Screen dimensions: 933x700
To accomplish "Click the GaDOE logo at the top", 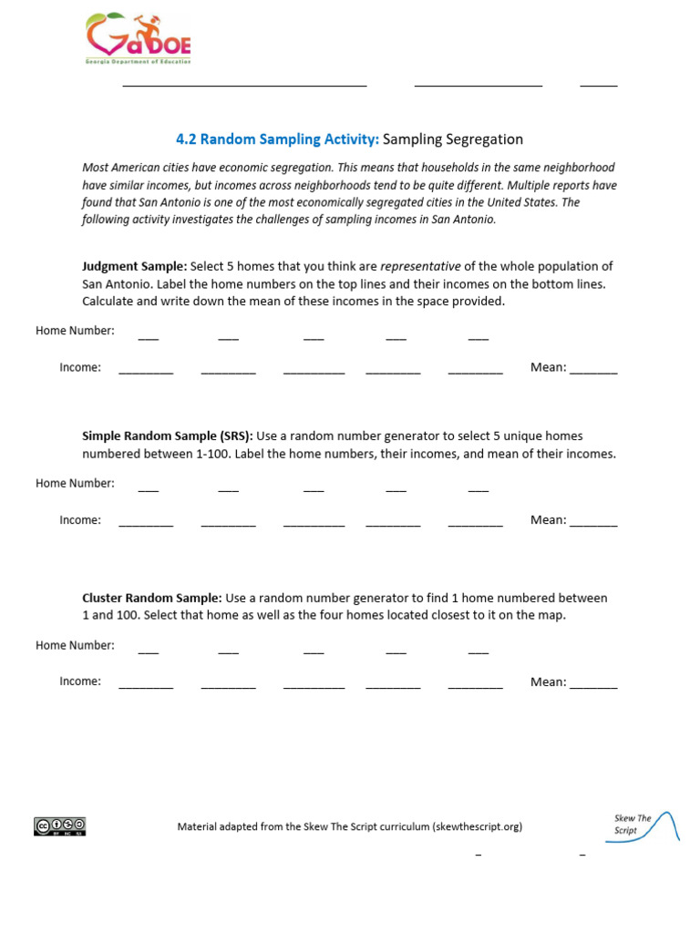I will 138,38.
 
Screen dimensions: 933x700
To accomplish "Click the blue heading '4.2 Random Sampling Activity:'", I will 277,139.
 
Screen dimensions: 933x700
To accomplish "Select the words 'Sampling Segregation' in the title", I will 453,139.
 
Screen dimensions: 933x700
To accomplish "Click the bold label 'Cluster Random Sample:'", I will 152,599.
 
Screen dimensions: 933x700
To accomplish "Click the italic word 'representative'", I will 420,266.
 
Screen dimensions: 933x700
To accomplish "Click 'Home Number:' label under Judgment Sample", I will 75,331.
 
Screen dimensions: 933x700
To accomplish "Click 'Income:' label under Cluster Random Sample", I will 80,682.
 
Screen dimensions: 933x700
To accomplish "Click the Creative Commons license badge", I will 60,826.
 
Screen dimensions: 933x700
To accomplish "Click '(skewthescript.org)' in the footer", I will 478,827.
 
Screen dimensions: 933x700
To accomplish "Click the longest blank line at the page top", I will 244,84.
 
